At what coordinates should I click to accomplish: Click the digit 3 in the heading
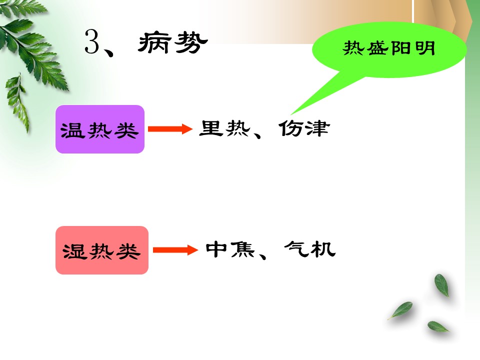pos(92,41)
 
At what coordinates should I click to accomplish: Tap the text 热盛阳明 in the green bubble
pos(389,48)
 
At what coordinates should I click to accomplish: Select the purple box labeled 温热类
pos(100,129)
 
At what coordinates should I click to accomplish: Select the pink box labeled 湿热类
pos(102,250)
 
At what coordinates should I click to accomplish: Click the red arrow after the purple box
pos(170,129)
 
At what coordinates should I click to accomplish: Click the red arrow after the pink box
pos(175,250)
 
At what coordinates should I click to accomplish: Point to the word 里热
pos(224,128)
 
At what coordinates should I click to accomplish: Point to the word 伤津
pos(304,128)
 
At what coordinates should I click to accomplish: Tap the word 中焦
pos(230,249)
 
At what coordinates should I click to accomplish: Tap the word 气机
pos(310,249)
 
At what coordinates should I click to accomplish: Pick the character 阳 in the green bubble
pos(401,48)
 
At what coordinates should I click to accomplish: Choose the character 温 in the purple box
pos(72,130)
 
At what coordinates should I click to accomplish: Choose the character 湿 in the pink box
pos(74,251)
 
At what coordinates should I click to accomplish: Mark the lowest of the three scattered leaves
pos(438,326)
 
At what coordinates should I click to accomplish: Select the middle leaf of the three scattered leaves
pos(400,310)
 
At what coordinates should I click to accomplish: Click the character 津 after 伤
pos(318,128)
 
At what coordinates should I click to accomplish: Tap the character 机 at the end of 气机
pos(323,249)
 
